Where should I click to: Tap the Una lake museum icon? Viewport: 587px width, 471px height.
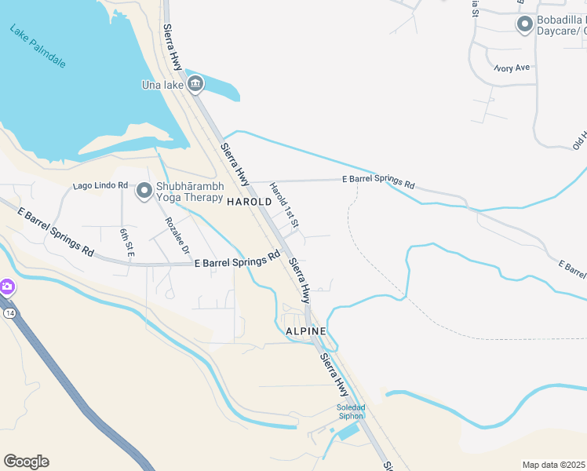click(195, 83)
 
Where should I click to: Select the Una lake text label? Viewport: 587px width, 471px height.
click(162, 85)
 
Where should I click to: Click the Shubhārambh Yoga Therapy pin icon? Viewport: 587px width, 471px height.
click(144, 191)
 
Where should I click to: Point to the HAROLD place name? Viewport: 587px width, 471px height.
click(249, 202)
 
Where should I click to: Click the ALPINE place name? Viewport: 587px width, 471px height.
click(305, 331)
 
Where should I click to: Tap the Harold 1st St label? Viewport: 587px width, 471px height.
click(285, 206)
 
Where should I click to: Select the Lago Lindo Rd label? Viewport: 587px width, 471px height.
click(100, 185)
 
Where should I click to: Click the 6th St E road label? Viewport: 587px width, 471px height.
click(126, 243)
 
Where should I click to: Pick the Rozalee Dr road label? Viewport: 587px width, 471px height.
click(177, 235)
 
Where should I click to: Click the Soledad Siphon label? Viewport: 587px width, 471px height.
click(351, 411)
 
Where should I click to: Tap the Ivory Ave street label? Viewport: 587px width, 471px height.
click(512, 68)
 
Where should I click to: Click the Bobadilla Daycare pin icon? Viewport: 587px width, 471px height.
click(524, 24)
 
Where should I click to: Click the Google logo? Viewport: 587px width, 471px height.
click(26, 462)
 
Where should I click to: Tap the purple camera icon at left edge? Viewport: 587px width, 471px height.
click(6, 287)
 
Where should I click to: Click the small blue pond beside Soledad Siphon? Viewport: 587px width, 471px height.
click(349, 432)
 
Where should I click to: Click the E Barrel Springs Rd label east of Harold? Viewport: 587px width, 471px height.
click(378, 181)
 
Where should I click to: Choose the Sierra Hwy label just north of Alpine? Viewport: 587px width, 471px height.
click(299, 281)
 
